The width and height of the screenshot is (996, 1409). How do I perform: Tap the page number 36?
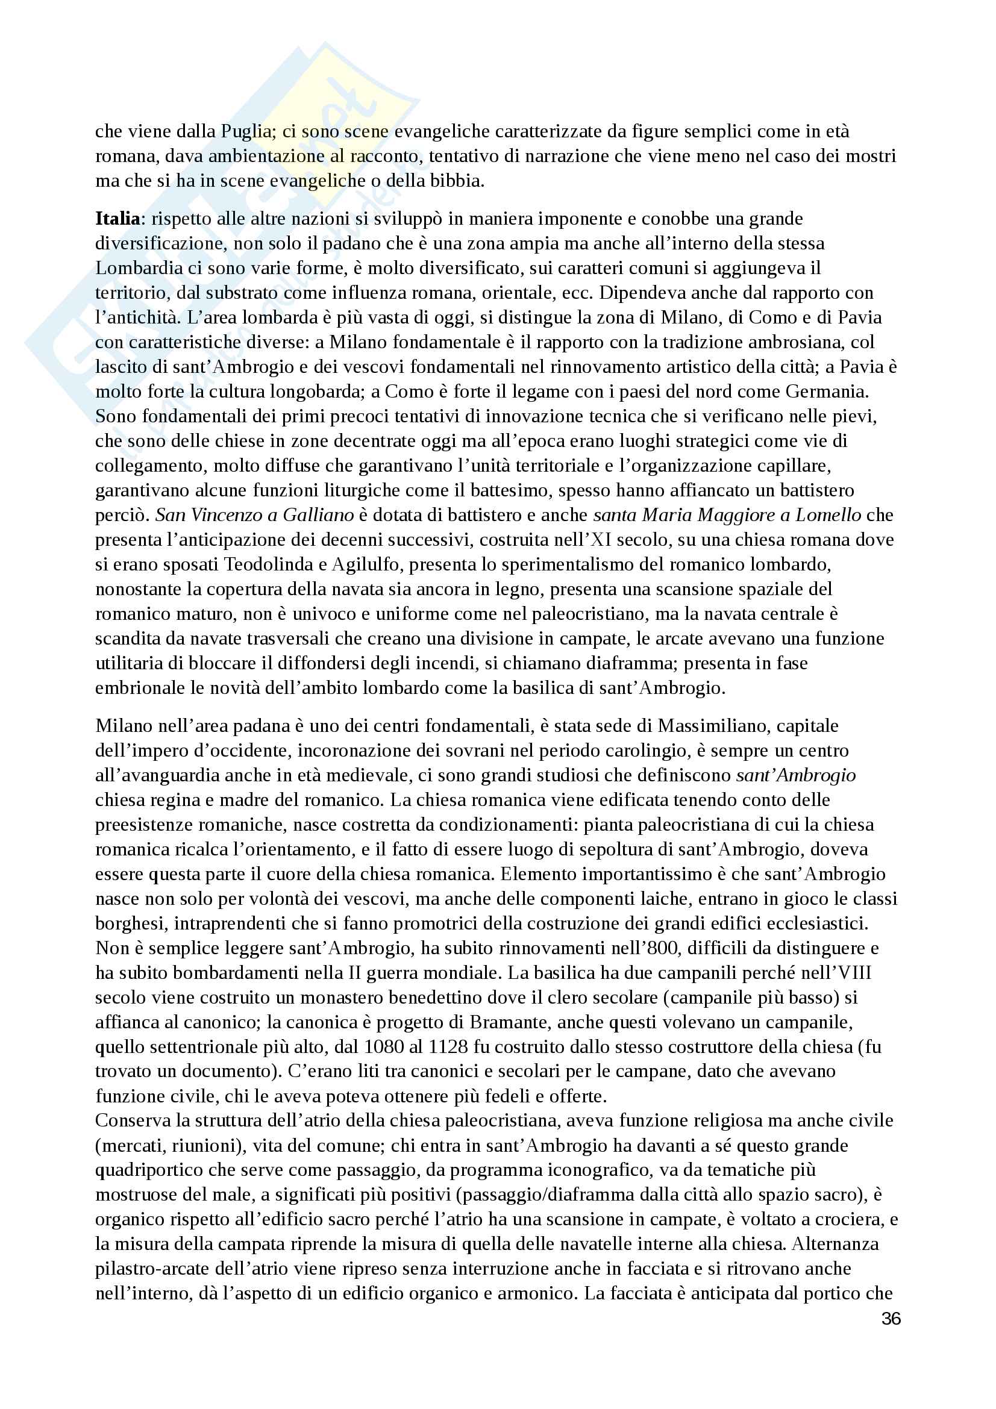[x=891, y=1319]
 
